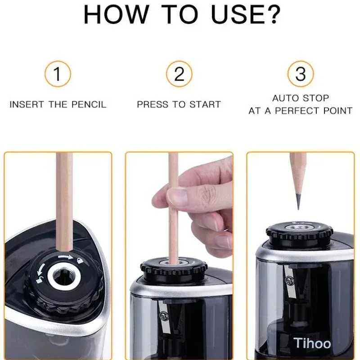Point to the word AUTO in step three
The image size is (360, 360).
click(x=285, y=98)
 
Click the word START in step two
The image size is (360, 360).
click(x=205, y=104)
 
